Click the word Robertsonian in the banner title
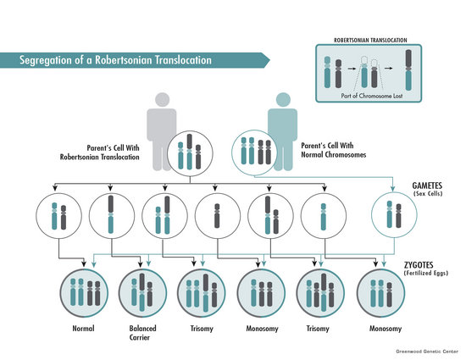pos(124,60)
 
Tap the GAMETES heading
pos(427,186)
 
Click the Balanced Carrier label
pos(142,333)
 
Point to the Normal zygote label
pos(84,329)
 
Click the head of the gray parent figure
pos(163,100)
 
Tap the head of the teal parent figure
pos(283,99)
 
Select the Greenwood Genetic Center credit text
pos(427,352)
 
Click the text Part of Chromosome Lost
pos(372,96)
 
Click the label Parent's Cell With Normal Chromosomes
pos(334,150)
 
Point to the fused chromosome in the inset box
pos(408,70)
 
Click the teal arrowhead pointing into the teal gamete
pos(392,189)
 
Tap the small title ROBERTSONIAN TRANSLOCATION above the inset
pos(370,40)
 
